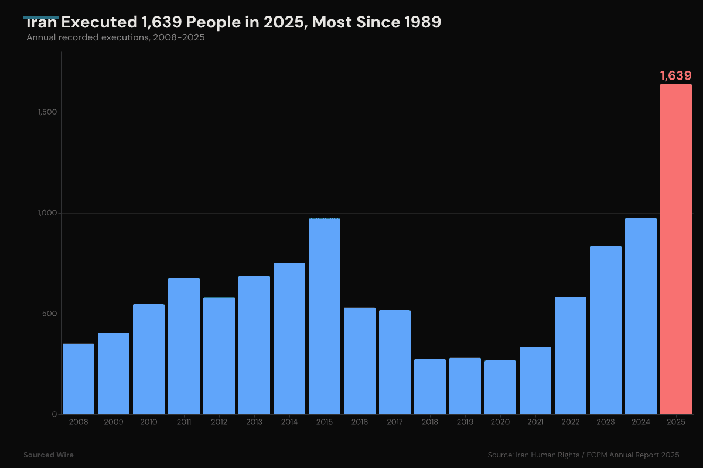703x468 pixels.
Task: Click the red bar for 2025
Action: (675, 249)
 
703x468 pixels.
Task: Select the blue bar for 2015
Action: (325, 316)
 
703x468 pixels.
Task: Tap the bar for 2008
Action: (79, 379)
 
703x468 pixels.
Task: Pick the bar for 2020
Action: (500, 387)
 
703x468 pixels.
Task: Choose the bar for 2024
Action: (641, 316)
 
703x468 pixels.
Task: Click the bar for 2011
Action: (184, 346)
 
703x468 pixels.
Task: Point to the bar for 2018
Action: (430, 387)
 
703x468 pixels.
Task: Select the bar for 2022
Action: (571, 356)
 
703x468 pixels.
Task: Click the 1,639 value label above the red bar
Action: (675, 75)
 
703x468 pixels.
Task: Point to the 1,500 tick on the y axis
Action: (46, 112)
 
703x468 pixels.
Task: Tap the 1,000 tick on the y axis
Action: (46, 213)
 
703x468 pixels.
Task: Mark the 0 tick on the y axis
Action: (54, 414)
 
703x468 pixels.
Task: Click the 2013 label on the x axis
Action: (254, 422)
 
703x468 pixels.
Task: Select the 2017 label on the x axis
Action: (395, 422)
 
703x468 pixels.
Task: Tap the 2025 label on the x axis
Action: (676, 422)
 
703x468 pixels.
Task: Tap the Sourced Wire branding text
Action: (49, 455)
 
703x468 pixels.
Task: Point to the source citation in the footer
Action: (583, 455)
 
